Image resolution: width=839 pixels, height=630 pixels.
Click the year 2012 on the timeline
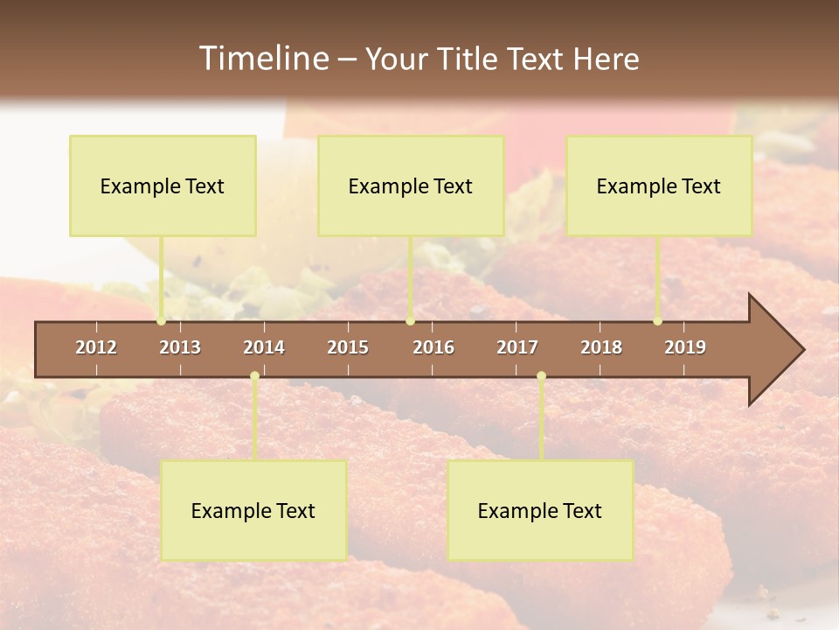click(x=96, y=347)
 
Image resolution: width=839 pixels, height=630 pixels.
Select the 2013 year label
click(x=180, y=347)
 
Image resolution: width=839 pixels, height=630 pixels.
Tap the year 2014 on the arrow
click(x=264, y=347)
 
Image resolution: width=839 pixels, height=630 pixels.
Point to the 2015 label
click(x=348, y=347)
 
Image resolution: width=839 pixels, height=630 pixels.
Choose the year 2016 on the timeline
click(x=433, y=347)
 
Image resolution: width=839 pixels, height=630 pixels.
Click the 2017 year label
click(x=517, y=347)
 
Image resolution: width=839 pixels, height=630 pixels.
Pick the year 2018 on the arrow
click(x=601, y=347)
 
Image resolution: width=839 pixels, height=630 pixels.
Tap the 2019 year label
click(x=685, y=347)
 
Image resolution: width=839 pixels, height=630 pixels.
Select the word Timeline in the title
click(x=262, y=59)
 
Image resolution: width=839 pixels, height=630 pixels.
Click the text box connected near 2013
click(x=163, y=185)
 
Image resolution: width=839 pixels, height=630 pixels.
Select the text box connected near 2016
click(x=411, y=185)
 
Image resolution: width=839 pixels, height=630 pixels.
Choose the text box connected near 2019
click(x=659, y=185)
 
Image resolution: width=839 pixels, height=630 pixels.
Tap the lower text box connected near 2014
click(x=253, y=510)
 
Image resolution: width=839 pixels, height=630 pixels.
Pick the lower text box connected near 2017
click(x=540, y=510)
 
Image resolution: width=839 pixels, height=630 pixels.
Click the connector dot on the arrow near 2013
click(x=161, y=321)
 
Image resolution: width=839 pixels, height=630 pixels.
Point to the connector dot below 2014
click(x=254, y=376)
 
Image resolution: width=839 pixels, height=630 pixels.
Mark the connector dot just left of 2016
click(x=411, y=321)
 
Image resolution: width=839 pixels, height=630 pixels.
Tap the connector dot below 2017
click(x=541, y=376)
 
